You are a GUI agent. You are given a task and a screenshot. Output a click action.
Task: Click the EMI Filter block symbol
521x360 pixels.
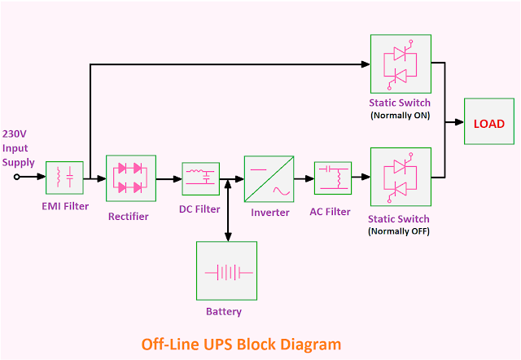(64, 178)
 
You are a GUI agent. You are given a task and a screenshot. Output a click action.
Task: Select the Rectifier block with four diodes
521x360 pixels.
(130, 178)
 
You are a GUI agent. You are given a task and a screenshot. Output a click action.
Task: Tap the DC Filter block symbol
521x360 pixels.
(200, 178)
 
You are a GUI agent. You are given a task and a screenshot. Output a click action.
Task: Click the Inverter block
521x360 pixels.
(269, 178)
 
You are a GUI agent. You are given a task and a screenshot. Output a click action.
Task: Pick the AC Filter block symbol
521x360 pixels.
(332, 178)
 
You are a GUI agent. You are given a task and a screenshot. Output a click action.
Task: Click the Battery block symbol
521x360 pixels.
(226, 270)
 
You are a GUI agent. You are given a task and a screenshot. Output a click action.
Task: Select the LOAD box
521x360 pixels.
(489, 123)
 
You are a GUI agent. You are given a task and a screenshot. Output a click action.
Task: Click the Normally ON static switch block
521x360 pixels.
(400, 64)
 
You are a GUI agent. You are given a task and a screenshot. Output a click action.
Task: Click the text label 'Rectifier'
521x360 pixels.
(129, 216)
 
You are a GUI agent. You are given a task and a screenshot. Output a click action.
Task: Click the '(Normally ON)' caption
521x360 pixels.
(400, 116)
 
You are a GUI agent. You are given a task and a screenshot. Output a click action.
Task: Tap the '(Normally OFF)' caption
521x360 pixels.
(400, 231)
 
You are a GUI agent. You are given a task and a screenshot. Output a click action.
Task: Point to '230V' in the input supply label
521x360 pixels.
(15, 134)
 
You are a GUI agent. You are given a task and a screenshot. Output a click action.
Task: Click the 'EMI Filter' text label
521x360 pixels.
(65, 206)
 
